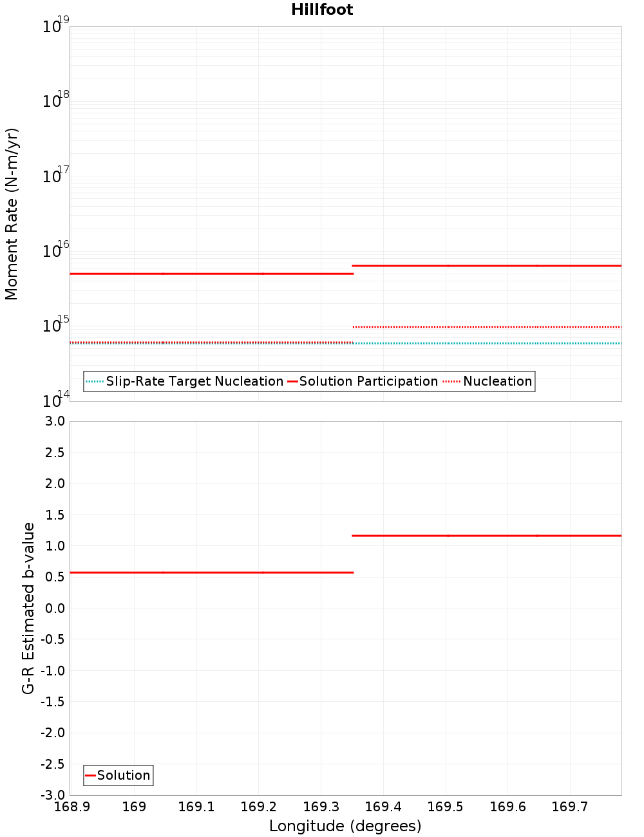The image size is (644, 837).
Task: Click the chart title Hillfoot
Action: (x=322, y=10)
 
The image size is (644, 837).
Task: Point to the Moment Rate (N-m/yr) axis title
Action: (x=12, y=214)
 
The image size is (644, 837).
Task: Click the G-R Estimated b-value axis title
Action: (x=28, y=608)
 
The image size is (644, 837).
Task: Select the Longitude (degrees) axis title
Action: (x=345, y=826)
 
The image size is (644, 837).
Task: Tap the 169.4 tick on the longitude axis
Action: (x=383, y=807)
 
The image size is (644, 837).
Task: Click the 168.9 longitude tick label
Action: (x=71, y=807)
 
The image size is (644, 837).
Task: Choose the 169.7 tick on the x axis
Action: (x=570, y=807)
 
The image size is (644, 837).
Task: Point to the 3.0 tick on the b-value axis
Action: (x=53, y=421)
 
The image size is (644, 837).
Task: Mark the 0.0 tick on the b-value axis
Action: (x=53, y=608)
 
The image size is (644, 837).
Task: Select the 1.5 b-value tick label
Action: (x=53, y=514)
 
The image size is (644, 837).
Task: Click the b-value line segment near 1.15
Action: (x=486, y=536)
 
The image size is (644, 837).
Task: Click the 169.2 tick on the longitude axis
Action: (x=258, y=807)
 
